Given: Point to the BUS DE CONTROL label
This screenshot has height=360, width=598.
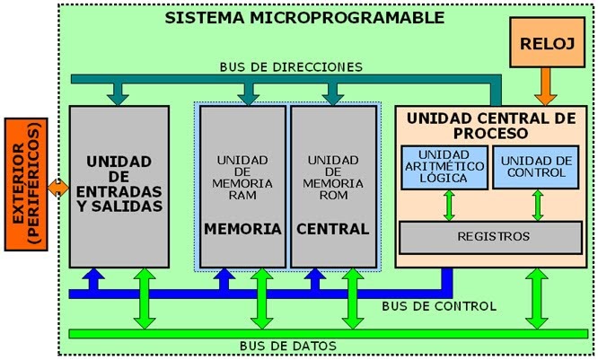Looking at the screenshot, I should (439, 306).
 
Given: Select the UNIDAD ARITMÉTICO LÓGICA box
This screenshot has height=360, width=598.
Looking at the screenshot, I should (443, 166).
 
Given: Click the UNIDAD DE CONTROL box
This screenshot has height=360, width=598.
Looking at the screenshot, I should (537, 166).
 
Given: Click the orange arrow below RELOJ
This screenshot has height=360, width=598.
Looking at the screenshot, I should (545, 86).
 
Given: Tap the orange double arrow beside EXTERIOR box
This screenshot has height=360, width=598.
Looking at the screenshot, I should (58, 188).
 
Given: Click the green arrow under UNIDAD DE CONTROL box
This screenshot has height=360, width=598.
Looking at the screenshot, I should (538, 205).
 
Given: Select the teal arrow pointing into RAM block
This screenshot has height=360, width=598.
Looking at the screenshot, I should (249, 92).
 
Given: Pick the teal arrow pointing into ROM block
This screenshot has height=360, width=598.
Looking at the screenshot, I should (333, 92).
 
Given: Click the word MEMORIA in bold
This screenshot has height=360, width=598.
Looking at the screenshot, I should (242, 229).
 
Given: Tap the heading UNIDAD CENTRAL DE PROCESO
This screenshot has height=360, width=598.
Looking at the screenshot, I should (490, 125).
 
